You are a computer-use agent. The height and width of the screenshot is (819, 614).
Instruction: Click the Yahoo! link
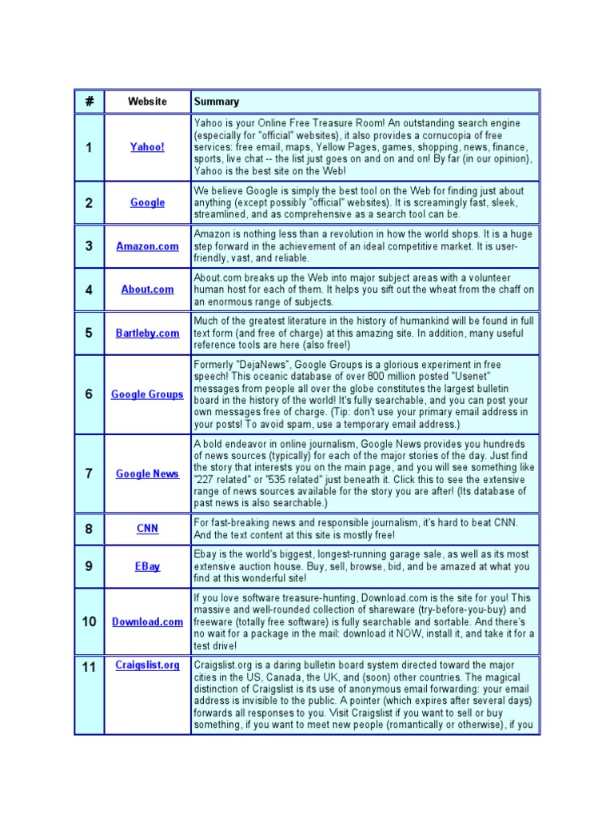147,147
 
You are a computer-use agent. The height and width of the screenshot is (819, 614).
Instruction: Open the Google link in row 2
147,202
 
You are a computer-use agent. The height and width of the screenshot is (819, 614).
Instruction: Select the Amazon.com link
147,246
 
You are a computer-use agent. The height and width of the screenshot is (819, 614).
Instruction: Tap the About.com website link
147,290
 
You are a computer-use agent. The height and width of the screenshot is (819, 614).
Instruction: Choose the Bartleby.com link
147,333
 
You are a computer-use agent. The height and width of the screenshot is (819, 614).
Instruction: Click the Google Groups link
147,394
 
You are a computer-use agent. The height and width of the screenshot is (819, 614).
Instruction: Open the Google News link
147,473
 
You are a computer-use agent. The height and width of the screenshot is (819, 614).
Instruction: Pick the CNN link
147,528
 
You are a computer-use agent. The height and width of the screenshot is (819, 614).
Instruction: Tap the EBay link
147,566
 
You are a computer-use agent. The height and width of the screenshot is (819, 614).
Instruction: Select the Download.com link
147,621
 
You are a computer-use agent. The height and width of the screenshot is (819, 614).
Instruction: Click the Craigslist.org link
147,665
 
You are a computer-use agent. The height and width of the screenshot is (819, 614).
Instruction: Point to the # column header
89,102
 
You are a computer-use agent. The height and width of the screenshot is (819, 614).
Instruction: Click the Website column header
147,102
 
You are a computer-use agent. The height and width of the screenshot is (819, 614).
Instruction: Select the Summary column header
217,102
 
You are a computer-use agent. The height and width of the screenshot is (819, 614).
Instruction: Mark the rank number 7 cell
89,473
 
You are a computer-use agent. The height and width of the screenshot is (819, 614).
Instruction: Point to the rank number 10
89,621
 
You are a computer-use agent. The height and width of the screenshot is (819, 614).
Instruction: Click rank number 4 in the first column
89,290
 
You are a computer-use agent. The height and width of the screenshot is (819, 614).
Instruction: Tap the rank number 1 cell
89,147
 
